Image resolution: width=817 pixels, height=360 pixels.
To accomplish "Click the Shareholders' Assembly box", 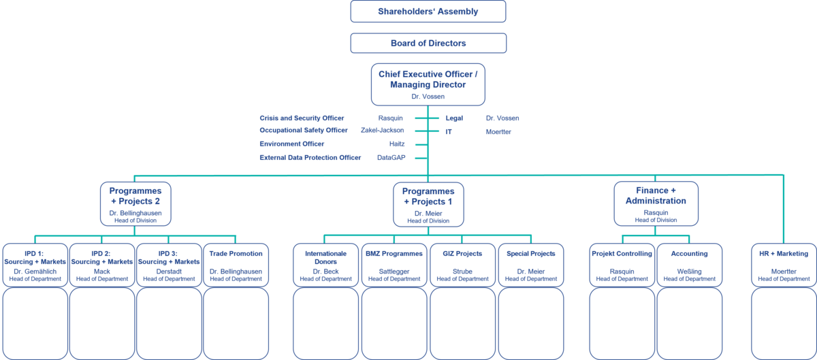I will [428, 12].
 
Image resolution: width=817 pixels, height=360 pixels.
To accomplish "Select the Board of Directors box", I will [428, 43].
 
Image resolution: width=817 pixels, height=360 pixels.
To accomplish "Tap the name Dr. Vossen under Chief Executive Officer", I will [428, 97].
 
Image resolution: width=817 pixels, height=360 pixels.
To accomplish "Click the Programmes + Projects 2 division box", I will [135, 203].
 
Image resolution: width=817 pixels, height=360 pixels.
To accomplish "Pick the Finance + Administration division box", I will [656, 203].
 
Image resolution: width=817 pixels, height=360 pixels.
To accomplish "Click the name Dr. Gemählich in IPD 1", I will [35, 272].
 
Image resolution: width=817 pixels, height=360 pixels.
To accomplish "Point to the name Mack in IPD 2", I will [102, 272].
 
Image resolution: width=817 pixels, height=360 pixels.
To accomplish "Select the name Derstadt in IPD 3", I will [169, 272].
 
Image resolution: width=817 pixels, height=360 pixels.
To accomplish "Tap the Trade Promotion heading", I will [236, 254].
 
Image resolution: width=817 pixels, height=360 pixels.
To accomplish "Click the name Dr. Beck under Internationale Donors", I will [326, 272].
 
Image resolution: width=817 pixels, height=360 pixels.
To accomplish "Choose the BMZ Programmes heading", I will [394, 254].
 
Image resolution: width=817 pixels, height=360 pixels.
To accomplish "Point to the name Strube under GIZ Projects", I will [462, 272].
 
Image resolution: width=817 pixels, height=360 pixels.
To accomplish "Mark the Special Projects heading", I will [531, 254].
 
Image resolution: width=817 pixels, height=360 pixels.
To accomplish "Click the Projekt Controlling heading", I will [622, 254].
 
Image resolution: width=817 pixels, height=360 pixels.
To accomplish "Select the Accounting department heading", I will [688, 254].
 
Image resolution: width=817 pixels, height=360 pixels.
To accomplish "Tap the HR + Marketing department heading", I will [784, 254].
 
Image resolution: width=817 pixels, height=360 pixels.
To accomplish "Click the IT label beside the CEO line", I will [449, 131].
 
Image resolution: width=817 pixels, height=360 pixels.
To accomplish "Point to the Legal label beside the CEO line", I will [454, 118].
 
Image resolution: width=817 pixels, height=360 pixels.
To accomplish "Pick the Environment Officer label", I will [291, 144].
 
